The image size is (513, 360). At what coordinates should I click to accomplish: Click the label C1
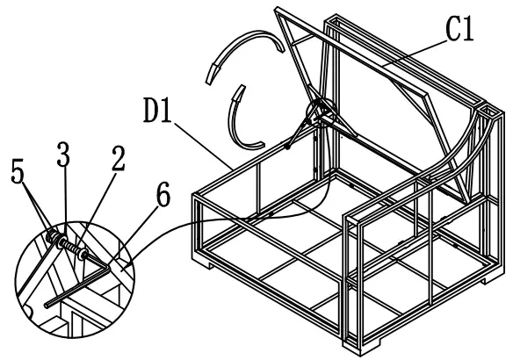coord(459,29)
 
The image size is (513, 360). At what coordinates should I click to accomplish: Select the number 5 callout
coord(18,170)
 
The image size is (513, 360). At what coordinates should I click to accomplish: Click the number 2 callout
coord(118,158)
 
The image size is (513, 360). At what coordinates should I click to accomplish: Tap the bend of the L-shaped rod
coord(107,269)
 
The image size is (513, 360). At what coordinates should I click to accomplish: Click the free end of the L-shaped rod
coord(47,306)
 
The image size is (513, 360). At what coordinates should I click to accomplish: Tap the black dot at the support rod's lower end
coord(287,147)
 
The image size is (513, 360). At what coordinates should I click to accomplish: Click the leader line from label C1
coord(415,53)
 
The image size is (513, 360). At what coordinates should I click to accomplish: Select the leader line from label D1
coord(204,146)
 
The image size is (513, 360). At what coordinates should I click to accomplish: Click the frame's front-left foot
coord(206,264)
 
